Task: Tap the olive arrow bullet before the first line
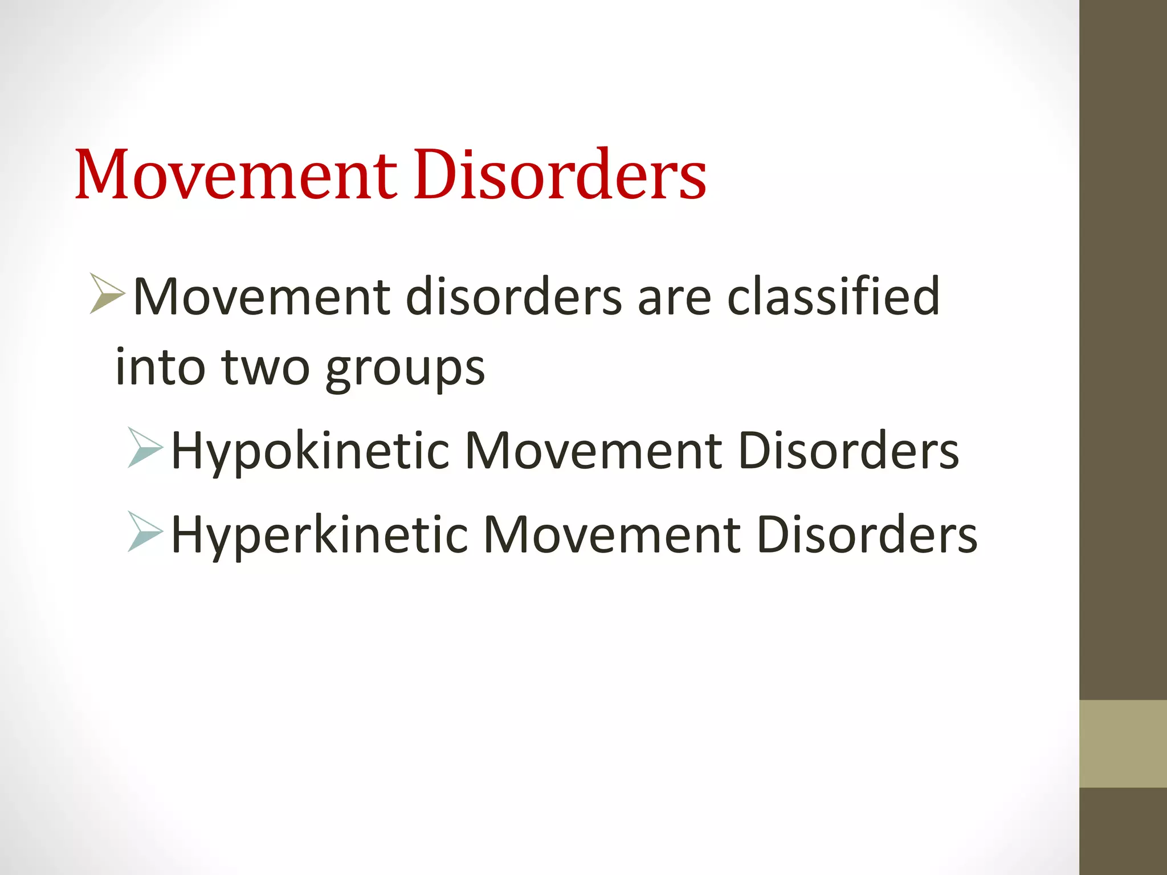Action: point(107,294)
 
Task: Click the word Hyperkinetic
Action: point(320,535)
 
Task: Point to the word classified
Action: point(833,296)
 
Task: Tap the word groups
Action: point(405,369)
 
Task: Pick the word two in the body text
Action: point(266,368)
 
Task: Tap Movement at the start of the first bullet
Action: point(262,296)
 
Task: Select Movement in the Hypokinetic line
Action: point(594,451)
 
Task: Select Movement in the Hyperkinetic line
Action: point(612,535)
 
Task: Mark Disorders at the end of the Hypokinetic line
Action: point(848,451)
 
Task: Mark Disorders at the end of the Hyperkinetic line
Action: point(867,535)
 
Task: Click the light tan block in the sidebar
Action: point(1123,744)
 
